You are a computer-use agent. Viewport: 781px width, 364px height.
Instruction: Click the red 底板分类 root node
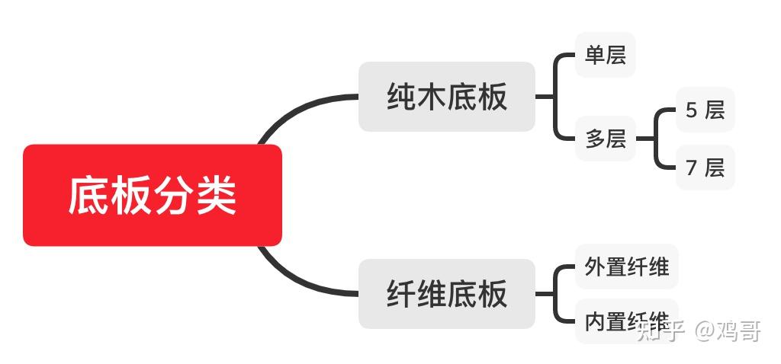coord(153,196)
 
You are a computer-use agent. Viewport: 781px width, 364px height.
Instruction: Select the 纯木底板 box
coord(447,97)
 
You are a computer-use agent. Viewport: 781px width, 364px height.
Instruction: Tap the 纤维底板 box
coord(447,294)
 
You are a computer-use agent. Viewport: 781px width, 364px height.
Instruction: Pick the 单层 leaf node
coord(606,55)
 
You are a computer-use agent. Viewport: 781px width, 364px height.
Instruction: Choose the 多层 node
coord(606,139)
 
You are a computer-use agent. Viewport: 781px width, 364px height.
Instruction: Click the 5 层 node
coord(705,110)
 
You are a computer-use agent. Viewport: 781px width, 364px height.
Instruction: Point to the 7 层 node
coord(705,168)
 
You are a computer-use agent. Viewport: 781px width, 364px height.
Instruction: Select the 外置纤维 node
coord(626,267)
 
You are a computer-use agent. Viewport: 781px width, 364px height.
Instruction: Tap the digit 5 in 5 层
coord(691,110)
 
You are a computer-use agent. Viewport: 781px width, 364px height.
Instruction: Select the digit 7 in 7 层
coord(691,168)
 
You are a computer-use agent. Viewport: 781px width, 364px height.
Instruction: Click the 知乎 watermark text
coord(660,331)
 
